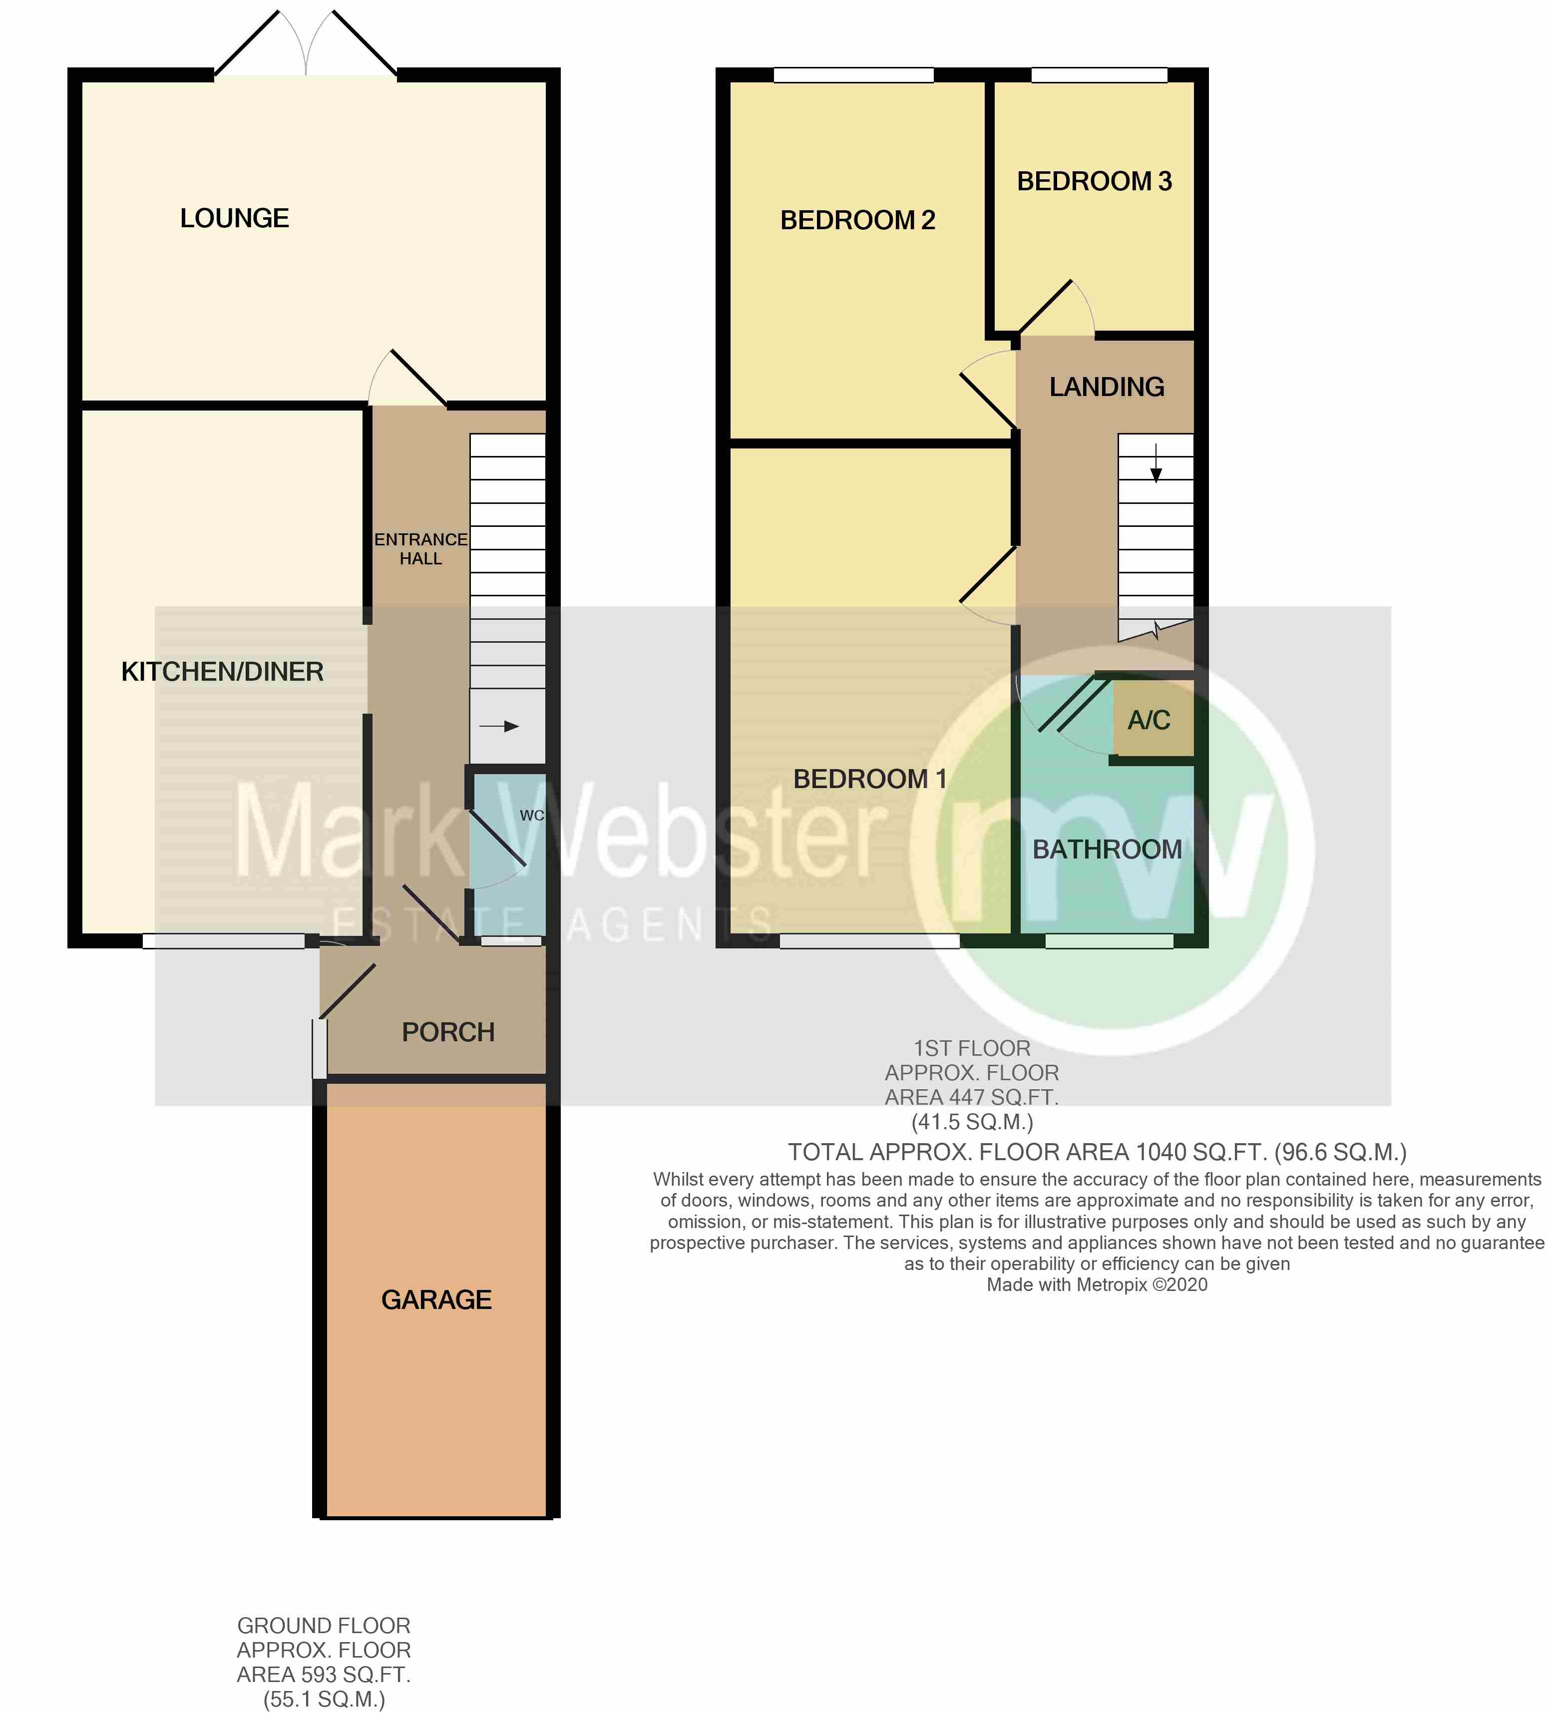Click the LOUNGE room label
(235, 218)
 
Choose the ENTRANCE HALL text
(420, 549)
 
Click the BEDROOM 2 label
(857, 220)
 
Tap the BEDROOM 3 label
(1094, 181)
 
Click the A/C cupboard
(1149, 720)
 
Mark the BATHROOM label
(1106, 849)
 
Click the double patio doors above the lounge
(306, 47)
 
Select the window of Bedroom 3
(1099, 75)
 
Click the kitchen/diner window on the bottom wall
(223, 940)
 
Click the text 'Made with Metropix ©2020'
(1096, 1285)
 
